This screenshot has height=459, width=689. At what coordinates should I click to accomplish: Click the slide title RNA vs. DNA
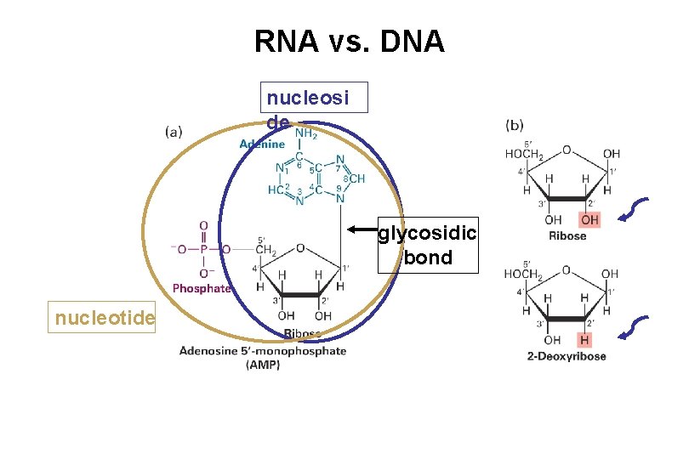[349, 41]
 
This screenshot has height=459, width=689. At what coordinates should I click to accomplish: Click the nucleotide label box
[102, 319]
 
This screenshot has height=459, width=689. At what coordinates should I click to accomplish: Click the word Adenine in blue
[262, 144]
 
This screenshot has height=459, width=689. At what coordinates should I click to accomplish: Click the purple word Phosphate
[202, 288]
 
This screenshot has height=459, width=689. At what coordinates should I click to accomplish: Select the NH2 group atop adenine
[306, 133]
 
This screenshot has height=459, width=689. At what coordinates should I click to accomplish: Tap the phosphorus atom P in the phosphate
[204, 250]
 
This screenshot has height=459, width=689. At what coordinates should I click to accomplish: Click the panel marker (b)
[515, 125]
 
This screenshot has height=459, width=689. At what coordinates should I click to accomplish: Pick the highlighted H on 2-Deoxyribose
[585, 339]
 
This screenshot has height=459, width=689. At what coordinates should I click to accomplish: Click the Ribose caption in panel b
[567, 235]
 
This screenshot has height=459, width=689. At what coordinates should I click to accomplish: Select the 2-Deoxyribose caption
[567, 356]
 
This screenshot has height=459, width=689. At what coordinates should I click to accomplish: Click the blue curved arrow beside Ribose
[635, 212]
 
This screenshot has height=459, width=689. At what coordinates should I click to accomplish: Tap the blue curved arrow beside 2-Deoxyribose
[635, 331]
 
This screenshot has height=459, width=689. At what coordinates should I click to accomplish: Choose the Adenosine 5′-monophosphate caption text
[263, 351]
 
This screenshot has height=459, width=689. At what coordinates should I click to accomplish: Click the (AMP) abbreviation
[263, 365]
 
